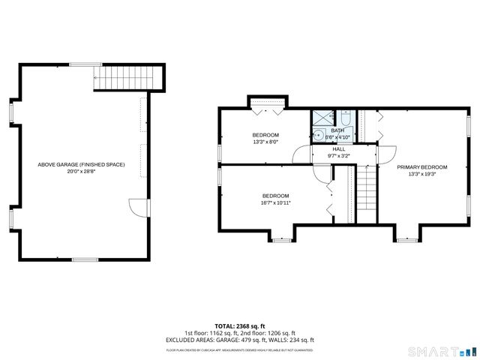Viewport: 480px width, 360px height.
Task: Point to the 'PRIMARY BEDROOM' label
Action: coord(422,167)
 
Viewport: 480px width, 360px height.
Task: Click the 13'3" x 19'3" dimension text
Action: coord(422,174)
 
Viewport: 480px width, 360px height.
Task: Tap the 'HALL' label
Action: coord(339,149)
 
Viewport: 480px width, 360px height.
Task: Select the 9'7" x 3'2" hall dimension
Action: coord(339,156)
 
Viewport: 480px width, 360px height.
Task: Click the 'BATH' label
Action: coord(338,130)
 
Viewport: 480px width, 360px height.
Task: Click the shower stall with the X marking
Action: coord(323,118)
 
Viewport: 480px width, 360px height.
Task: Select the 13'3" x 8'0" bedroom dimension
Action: coord(265,141)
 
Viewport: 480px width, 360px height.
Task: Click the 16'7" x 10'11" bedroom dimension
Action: coord(275,202)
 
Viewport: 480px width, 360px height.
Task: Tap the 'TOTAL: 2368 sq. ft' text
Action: coord(240,326)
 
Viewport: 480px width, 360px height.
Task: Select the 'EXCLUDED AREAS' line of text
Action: coord(240,340)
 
